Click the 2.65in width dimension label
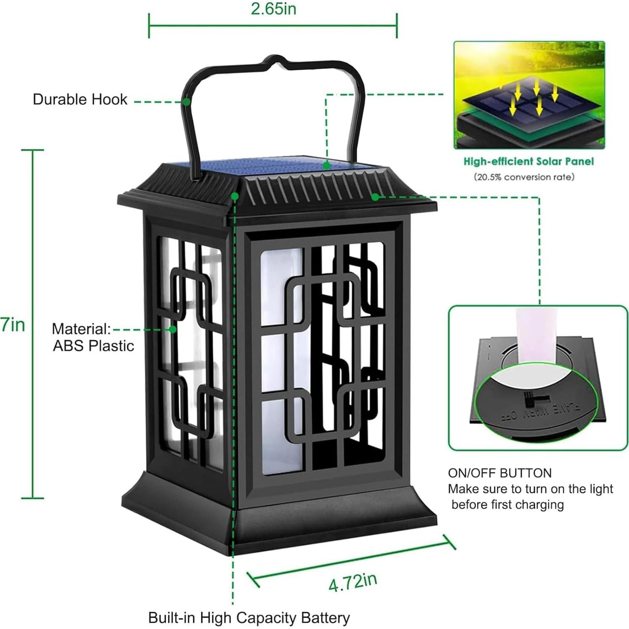click(273, 9)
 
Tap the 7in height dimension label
click(13, 325)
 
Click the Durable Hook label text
click(80, 100)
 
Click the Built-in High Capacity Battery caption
click(249, 618)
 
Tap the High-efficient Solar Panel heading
click(528, 162)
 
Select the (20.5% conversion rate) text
click(524, 177)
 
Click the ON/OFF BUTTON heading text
click(499, 473)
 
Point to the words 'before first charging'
click(507, 504)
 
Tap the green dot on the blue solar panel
click(326, 166)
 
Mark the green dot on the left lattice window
click(173, 329)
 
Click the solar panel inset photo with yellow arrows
click(529, 96)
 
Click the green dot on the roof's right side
click(374, 196)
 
